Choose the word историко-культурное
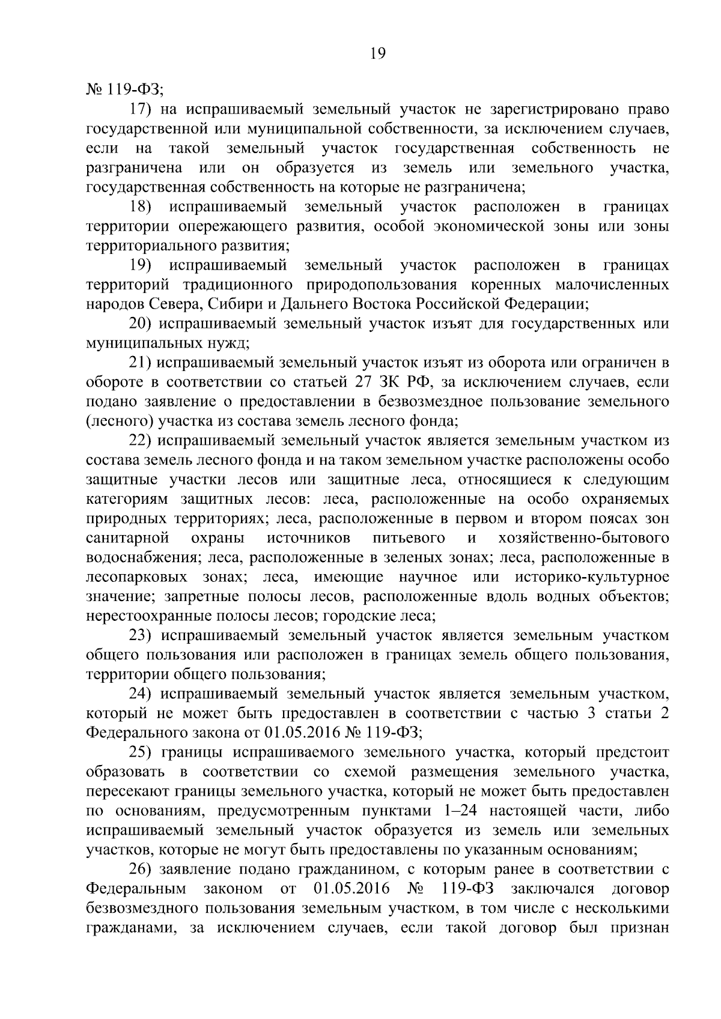[x=592, y=577]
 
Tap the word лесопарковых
[x=132, y=577]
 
